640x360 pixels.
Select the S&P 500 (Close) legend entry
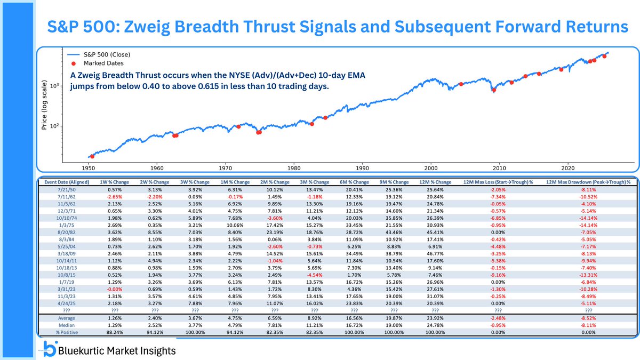point(107,54)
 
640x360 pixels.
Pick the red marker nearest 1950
point(92,156)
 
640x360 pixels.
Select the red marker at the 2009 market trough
point(494,90)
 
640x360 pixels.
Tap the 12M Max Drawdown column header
point(588,182)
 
